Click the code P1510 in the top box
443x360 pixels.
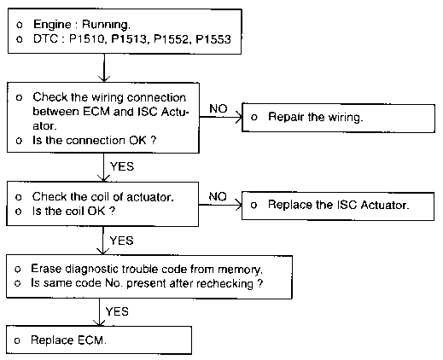pyautogui.click(x=88, y=39)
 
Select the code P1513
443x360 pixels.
pyautogui.click(x=130, y=39)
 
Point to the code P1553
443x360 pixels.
pyautogui.click(x=213, y=39)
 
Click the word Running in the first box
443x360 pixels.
pyautogui.click(x=106, y=25)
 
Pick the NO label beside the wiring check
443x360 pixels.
pyautogui.click(x=219, y=108)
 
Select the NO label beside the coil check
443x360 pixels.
pyautogui.click(x=218, y=196)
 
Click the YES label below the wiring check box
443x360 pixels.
pyautogui.click(x=122, y=166)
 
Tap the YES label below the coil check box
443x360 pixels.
pyautogui.click(x=122, y=241)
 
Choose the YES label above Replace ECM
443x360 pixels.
pyautogui.click(x=117, y=311)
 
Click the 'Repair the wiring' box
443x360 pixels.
pyautogui.click(x=338, y=118)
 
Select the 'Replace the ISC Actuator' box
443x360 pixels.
pyautogui.click(x=338, y=206)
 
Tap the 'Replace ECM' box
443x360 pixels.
pyautogui.click(x=99, y=340)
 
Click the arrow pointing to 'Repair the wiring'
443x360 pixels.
pyautogui.click(x=221, y=117)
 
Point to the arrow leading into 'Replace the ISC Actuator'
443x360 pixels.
pyautogui.click(x=220, y=205)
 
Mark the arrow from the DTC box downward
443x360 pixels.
pyautogui.click(x=104, y=68)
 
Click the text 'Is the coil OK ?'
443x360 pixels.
pyautogui.click(x=73, y=212)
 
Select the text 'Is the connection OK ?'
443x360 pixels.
pyautogui.click(x=95, y=141)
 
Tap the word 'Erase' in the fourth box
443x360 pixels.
pyautogui.click(x=46, y=269)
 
